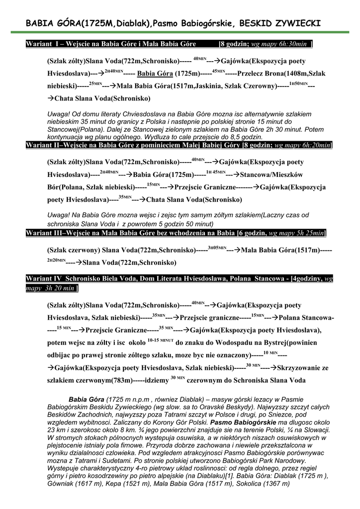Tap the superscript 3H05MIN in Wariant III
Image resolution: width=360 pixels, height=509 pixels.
(217, 248)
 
